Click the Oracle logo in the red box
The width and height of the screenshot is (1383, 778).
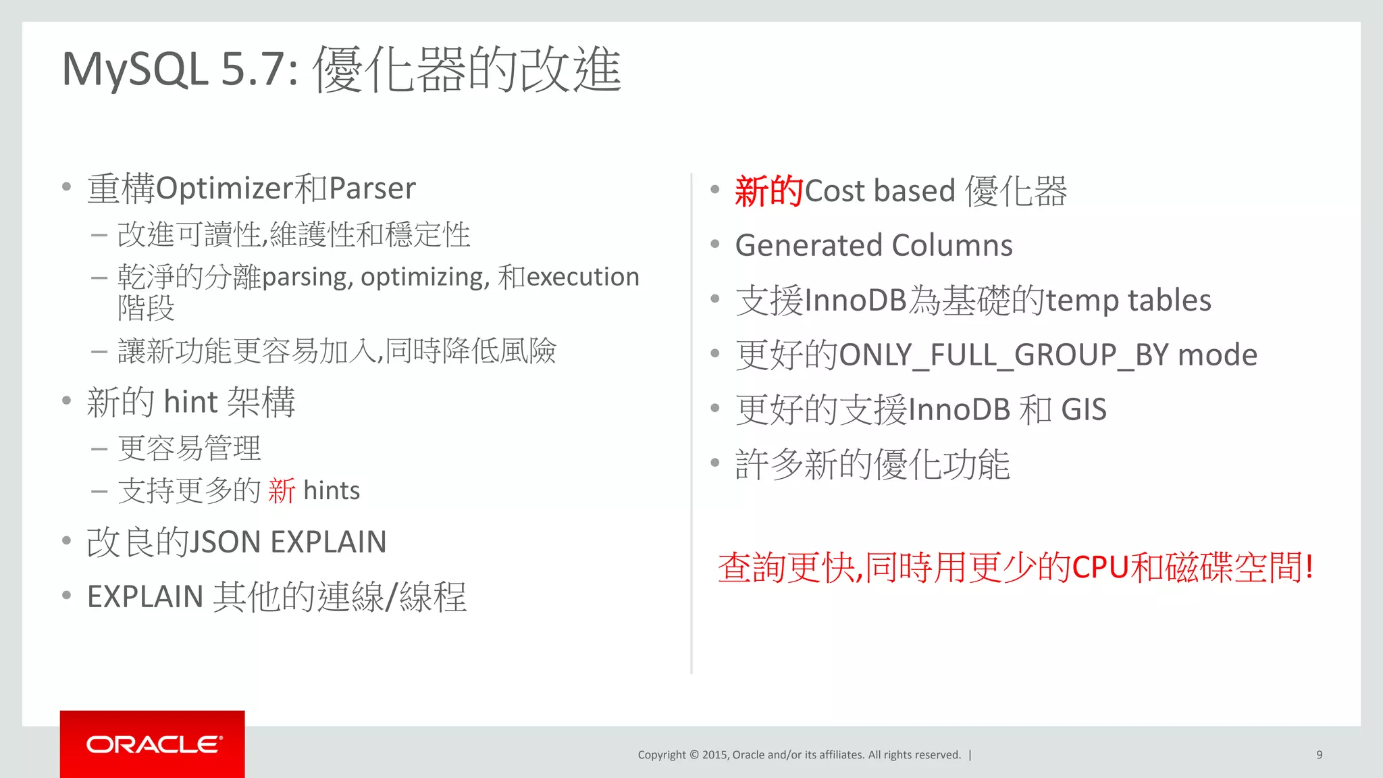coord(153,744)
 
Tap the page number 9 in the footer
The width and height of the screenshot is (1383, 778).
coord(1319,755)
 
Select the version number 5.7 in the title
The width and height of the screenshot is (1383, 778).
coord(259,70)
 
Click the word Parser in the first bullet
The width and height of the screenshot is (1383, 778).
coord(372,188)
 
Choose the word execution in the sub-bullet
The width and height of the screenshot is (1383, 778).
coord(583,277)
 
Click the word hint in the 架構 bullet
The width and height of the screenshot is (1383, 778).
coord(190,402)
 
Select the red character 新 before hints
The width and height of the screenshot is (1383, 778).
coord(282,490)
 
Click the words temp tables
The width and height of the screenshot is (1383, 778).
coord(1128,301)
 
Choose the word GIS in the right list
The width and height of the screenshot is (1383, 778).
coord(1084,410)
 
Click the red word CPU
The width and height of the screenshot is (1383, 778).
coord(1101,567)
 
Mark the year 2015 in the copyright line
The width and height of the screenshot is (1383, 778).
coord(715,755)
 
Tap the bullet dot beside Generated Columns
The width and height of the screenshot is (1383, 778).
coord(715,244)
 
